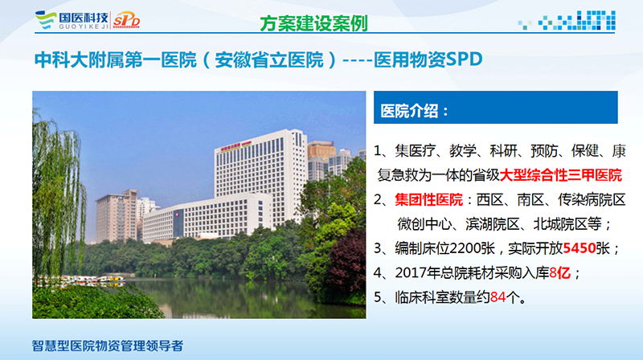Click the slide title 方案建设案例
[x=313, y=23]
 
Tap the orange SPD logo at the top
[x=126, y=19]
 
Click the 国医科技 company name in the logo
[x=84, y=17]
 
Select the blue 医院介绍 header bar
[x=495, y=108]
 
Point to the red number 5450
[x=579, y=248]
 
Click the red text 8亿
[x=559, y=272]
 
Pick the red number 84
[x=498, y=297]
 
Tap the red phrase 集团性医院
[x=428, y=199]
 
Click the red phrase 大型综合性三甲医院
[x=560, y=175]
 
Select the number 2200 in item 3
[x=465, y=248]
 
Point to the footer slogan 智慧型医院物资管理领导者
[x=108, y=346]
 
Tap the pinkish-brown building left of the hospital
[x=117, y=216]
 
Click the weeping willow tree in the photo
[x=57, y=193]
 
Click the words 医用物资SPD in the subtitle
[x=428, y=59]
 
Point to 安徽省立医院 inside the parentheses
[x=269, y=60]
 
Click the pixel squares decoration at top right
[x=567, y=21]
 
